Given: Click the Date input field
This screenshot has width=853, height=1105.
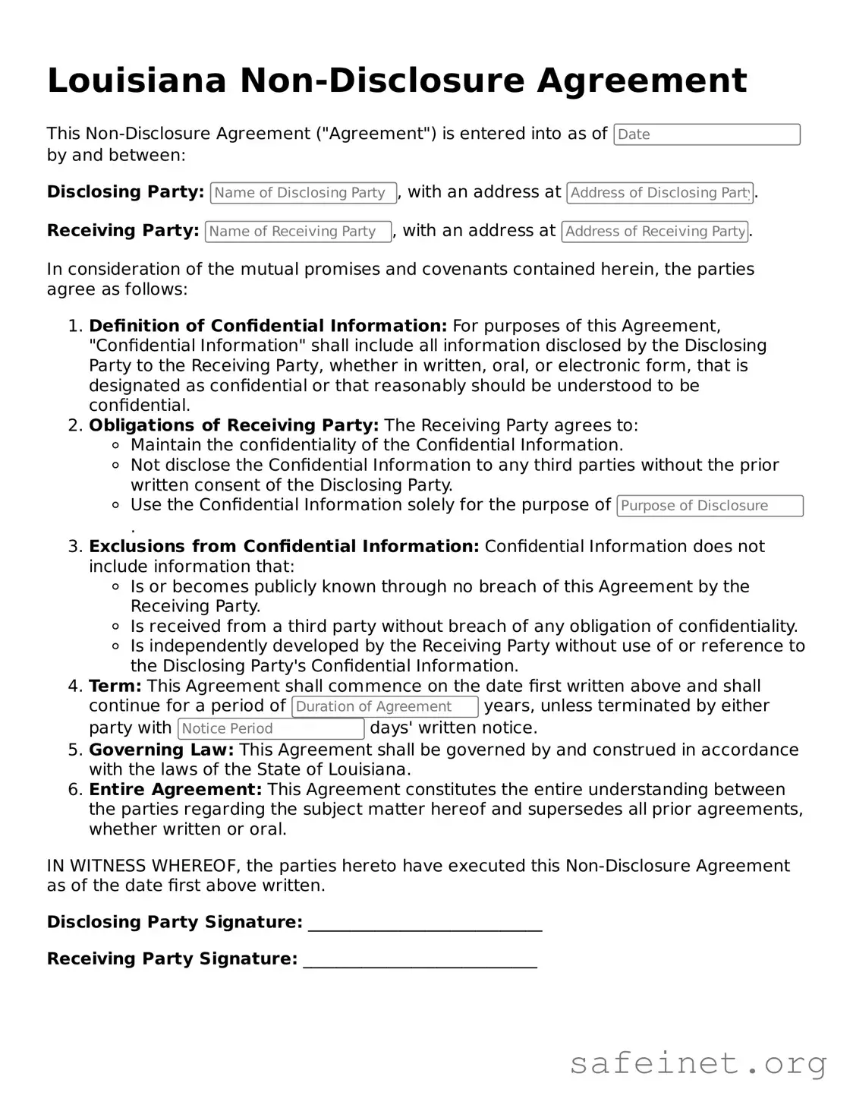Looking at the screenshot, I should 707,134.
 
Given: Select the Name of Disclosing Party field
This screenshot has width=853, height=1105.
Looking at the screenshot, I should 303,193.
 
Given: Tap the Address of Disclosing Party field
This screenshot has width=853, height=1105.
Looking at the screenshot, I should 659,193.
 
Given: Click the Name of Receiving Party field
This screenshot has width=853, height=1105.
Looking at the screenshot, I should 298,232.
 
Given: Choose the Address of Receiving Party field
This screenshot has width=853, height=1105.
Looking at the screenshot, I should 654,232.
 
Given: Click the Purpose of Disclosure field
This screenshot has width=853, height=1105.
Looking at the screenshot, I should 710,506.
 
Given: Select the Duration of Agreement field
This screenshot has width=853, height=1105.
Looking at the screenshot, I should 385,707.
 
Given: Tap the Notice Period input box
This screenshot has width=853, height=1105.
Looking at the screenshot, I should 271,729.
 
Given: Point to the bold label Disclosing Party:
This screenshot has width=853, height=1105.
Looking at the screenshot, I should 125,192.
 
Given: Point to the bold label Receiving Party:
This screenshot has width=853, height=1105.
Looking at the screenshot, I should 123,231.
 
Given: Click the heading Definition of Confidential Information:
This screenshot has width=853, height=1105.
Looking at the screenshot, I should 268,326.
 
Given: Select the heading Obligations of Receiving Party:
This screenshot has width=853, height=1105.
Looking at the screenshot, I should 234,425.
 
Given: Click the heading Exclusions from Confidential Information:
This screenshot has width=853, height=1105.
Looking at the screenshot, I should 284,547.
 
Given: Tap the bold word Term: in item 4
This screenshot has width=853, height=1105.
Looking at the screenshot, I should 115,687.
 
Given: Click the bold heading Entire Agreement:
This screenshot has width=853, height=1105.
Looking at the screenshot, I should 175,790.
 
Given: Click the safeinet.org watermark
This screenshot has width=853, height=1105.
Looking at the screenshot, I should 697,1063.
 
